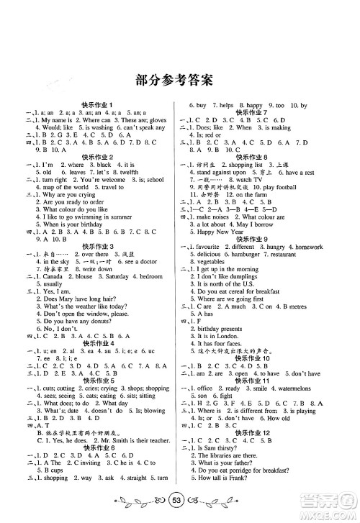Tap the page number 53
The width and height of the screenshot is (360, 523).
[x=180, y=502]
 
